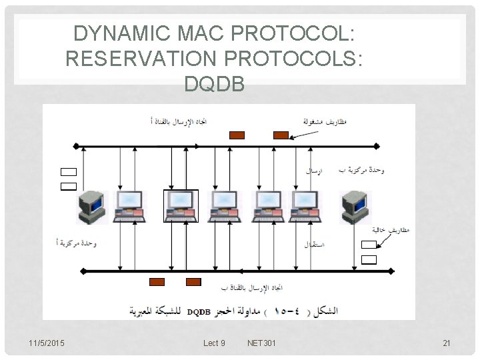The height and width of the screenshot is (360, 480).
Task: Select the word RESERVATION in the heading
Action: point(142,59)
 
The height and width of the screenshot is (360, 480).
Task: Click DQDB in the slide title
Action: point(215,84)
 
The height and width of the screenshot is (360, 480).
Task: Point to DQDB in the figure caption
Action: point(199,312)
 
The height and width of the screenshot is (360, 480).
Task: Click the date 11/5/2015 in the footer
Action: point(47,343)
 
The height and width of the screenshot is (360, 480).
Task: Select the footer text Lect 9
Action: point(214,343)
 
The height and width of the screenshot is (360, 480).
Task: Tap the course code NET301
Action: point(262,343)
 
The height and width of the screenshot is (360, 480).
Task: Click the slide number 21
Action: point(447,343)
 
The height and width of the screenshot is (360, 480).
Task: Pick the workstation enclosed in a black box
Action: point(181,206)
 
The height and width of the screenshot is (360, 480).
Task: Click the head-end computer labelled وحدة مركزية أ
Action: point(91,207)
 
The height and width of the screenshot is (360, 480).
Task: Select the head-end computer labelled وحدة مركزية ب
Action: point(355,207)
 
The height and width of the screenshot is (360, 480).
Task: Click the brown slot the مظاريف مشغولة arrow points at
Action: point(281,135)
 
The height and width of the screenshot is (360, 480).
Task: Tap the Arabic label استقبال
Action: point(314,245)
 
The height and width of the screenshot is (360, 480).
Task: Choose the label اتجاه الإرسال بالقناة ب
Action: point(252,288)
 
